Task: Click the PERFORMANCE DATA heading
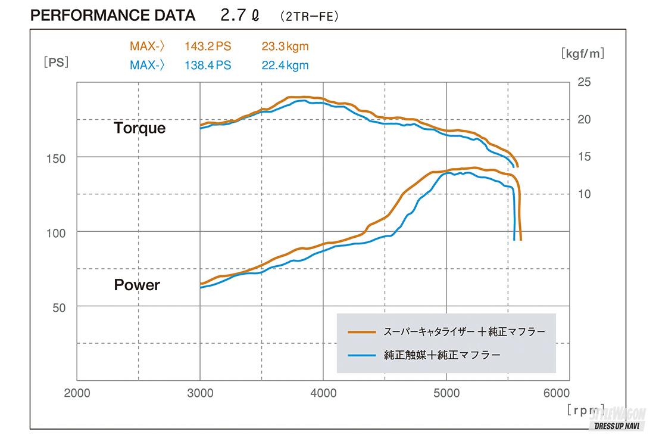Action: click(113, 15)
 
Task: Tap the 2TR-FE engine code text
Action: click(309, 17)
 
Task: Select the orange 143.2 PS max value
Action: click(208, 46)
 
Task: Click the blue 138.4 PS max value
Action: click(208, 65)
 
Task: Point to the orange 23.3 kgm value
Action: click(285, 46)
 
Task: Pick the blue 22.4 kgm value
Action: click(285, 65)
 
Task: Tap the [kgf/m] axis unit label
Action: click(582, 53)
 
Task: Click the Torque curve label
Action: click(140, 128)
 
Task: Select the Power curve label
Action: click(137, 285)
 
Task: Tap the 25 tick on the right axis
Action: click(584, 82)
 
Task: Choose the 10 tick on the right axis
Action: click(584, 194)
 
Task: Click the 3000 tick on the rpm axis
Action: click(200, 393)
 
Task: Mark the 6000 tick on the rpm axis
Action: click(556, 393)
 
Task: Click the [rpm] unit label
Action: click(586, 410)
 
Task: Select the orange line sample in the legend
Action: click(362, 331)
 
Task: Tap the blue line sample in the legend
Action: click(362, 355)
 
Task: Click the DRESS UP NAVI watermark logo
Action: click(621, 420)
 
